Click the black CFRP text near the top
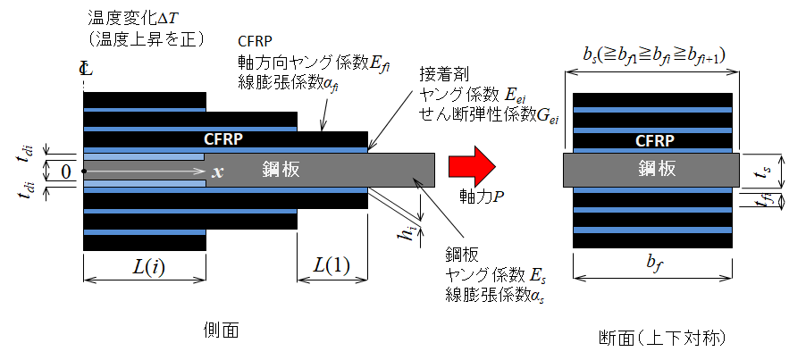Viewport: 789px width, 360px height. pyautogui.click(x=256, y=41)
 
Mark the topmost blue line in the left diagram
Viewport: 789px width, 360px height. pyautogui.click(x=145, y=110)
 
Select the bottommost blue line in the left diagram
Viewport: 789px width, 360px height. pyautogui.click(x=145, y=232)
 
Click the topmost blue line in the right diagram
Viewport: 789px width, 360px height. pyautogui.click(x=652, y=110)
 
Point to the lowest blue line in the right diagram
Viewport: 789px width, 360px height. pyautogui.click(x=652, y=230)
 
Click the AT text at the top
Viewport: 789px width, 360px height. pyautogui.click(x=166, y=17)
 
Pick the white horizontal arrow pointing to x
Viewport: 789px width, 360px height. pyautogui.click(x=143, y=170)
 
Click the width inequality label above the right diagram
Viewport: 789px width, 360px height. pyautogui.click(x=651, y=56)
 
